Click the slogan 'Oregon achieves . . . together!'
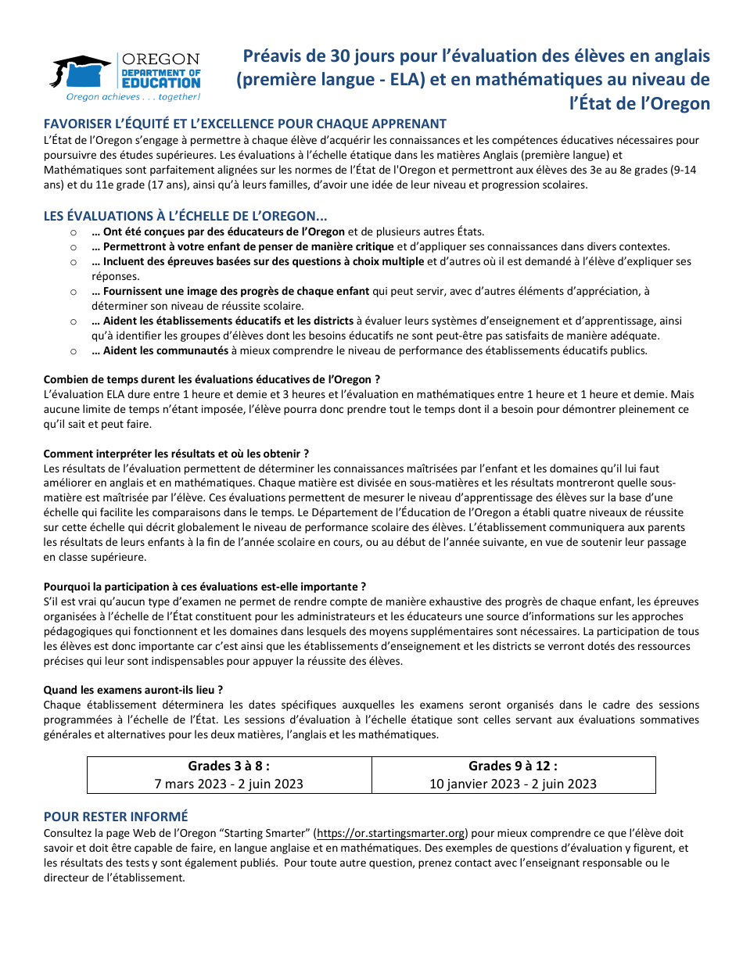click(x=133, y=97)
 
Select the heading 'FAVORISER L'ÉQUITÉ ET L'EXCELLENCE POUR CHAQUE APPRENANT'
click(x=245, y=124)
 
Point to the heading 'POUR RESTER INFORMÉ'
click(x=116, y=817)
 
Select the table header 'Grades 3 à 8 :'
click(x=229, y=766)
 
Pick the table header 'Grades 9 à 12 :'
click(x=513, y=766)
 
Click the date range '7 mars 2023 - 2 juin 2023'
click(x=229, y=784)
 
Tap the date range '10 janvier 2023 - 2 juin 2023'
click(x=513, y=784)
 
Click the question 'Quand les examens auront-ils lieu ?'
click(x=134, y=690)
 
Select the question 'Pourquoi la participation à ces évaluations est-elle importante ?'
click(x=205, y=587)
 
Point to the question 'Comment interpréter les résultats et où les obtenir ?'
click(x=176, y=454)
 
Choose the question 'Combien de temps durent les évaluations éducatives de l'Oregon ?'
click(x=212, y=379)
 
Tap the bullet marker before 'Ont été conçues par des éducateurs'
click(x=73, y=232)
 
